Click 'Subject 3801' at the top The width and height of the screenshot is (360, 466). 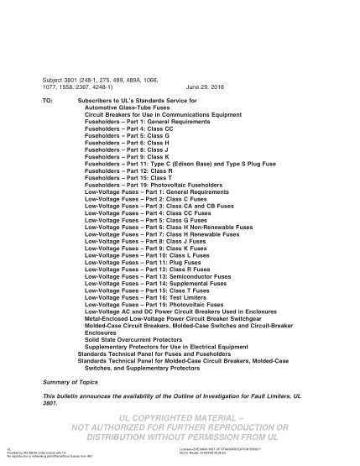[61, 80]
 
